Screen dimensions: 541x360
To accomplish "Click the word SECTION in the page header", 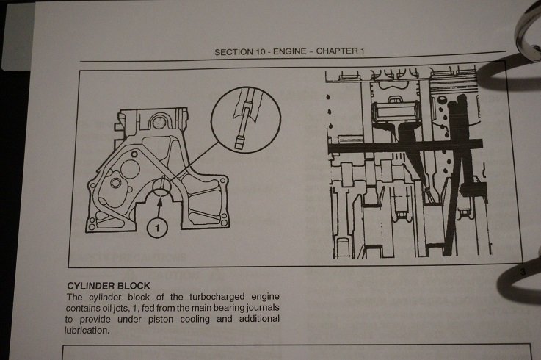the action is click(233, 52).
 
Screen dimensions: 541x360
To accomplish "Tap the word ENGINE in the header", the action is click(289, 51).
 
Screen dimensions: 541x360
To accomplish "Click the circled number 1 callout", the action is click(157, 228).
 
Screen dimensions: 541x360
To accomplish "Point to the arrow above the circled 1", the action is click(159, 207).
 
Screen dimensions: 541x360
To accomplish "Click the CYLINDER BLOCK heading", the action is click(109, 286).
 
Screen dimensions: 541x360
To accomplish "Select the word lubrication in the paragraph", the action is click(87, 331).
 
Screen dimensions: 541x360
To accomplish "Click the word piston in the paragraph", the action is click(161, 320).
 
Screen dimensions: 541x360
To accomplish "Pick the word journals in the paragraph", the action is click(263, 308).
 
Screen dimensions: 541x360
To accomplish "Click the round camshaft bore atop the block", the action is click(159, 122).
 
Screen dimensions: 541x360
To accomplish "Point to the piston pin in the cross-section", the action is click(397, 111).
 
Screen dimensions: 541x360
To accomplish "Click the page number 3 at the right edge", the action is click(523, 272).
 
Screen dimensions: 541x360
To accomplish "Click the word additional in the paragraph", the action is click(259, 319).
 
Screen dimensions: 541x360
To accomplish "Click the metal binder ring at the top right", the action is click(527, 31).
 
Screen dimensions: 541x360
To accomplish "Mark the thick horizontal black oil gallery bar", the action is click(405, 145).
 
